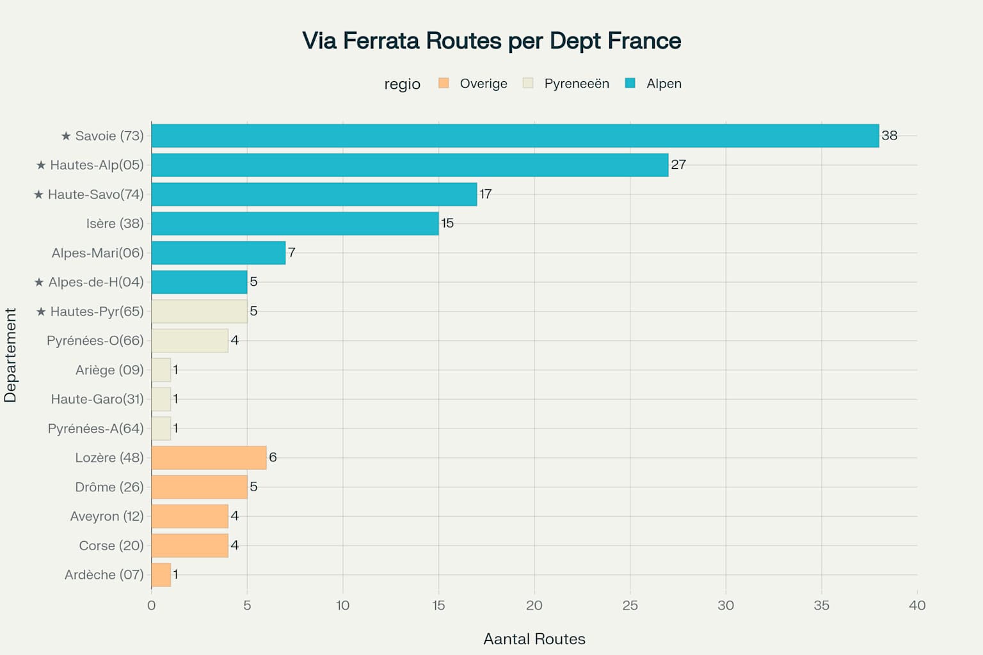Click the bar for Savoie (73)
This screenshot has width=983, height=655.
click(x=515, y=136)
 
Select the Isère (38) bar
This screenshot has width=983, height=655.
click(x=294, y=223)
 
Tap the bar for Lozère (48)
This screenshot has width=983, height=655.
click(x=209, y=457)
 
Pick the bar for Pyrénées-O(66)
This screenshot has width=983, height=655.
click(x=189, y=340)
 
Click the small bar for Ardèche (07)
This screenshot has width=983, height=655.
click(x=161, y=574)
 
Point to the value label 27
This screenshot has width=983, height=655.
click(x=678, y=164)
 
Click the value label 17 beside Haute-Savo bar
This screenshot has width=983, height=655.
click(x=486, y=194)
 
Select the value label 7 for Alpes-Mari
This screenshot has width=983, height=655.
click(x=292, y=253)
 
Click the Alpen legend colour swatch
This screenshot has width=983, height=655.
click(x=630, y=83)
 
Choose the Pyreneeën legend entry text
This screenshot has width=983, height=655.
click(x=576, y=84)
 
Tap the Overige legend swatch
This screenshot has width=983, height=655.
click(x=444, y=83)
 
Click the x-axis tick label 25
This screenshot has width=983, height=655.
click(x=630, y=605)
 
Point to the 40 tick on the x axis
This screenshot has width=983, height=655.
click(x=916, y=605)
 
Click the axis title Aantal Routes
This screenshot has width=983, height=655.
click(x=534, y=639)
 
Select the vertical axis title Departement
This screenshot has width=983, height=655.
click(x=10, y=355)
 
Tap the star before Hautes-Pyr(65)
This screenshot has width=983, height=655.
click(x=41, y=312)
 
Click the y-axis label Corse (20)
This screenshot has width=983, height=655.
click(x=111, y=546)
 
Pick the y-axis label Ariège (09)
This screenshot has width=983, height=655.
click(x=109, y=370)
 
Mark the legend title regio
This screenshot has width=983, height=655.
click(x=402, y=84)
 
